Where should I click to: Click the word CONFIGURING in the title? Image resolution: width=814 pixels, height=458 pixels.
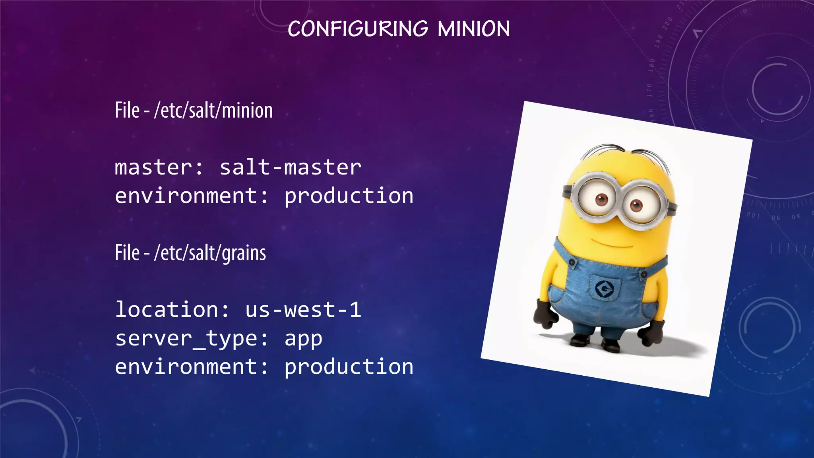pos(358,29)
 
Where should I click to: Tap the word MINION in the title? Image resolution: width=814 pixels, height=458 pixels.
pos(474,29)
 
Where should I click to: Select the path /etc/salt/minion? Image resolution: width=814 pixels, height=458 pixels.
pos(213,111)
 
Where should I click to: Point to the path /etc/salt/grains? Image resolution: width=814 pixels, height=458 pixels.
pos(210,253)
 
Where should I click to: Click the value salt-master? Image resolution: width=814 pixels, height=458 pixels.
pos(291,167)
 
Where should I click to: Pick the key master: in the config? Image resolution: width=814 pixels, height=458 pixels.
pos(159,167)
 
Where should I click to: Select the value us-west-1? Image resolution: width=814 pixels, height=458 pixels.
pos(303,310)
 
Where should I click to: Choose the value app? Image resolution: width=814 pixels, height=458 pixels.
pos(303,339)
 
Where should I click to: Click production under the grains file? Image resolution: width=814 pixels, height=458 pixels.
pos(349,367)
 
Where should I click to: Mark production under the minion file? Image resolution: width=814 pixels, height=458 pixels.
pos(349,196)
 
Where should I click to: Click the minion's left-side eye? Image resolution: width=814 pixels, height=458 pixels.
pos(601,199)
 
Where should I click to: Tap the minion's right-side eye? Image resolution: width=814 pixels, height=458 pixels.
pos(636,206)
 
